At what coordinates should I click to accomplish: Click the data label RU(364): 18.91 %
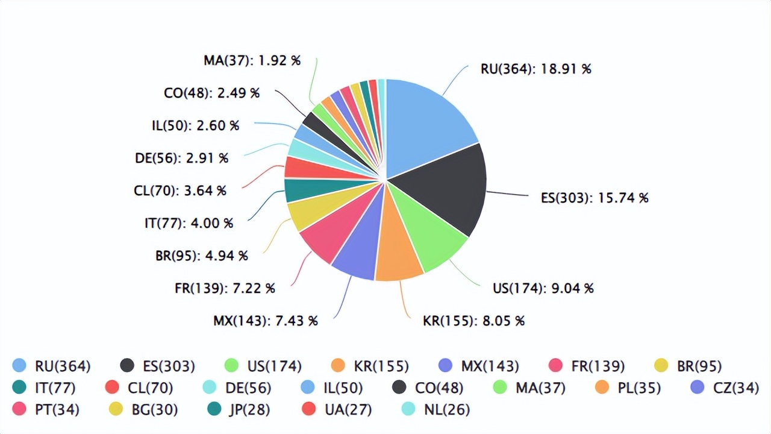pos(535,69)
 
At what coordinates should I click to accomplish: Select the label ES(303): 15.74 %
pos(595,198)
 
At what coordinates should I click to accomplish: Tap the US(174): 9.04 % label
pos(543,288)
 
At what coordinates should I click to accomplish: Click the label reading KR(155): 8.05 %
pos(473,321)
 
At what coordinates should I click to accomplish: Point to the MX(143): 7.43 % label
pos(265,321)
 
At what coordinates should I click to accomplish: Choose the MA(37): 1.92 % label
pos(252,61)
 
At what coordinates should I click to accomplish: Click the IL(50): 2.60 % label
pos(195,126)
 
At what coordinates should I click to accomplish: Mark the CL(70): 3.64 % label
pos(180,191)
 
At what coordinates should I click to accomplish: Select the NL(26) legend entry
pos(435,410)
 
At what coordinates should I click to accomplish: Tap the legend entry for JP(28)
pos(237,410)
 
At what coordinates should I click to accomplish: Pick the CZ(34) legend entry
pos(725,388)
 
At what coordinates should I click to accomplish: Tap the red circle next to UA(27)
pos(309,410)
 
